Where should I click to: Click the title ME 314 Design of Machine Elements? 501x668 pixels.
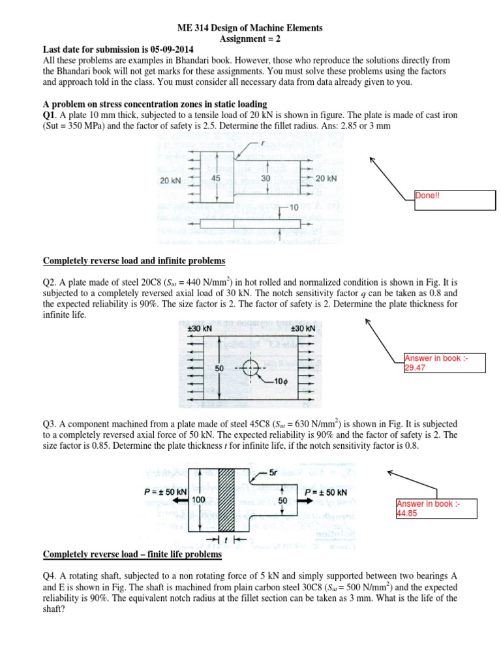[250, 28]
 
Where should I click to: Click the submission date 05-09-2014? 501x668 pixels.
[159, 49]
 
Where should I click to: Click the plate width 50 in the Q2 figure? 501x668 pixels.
[220, 369]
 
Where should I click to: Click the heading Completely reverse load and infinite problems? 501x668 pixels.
[134, 261]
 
